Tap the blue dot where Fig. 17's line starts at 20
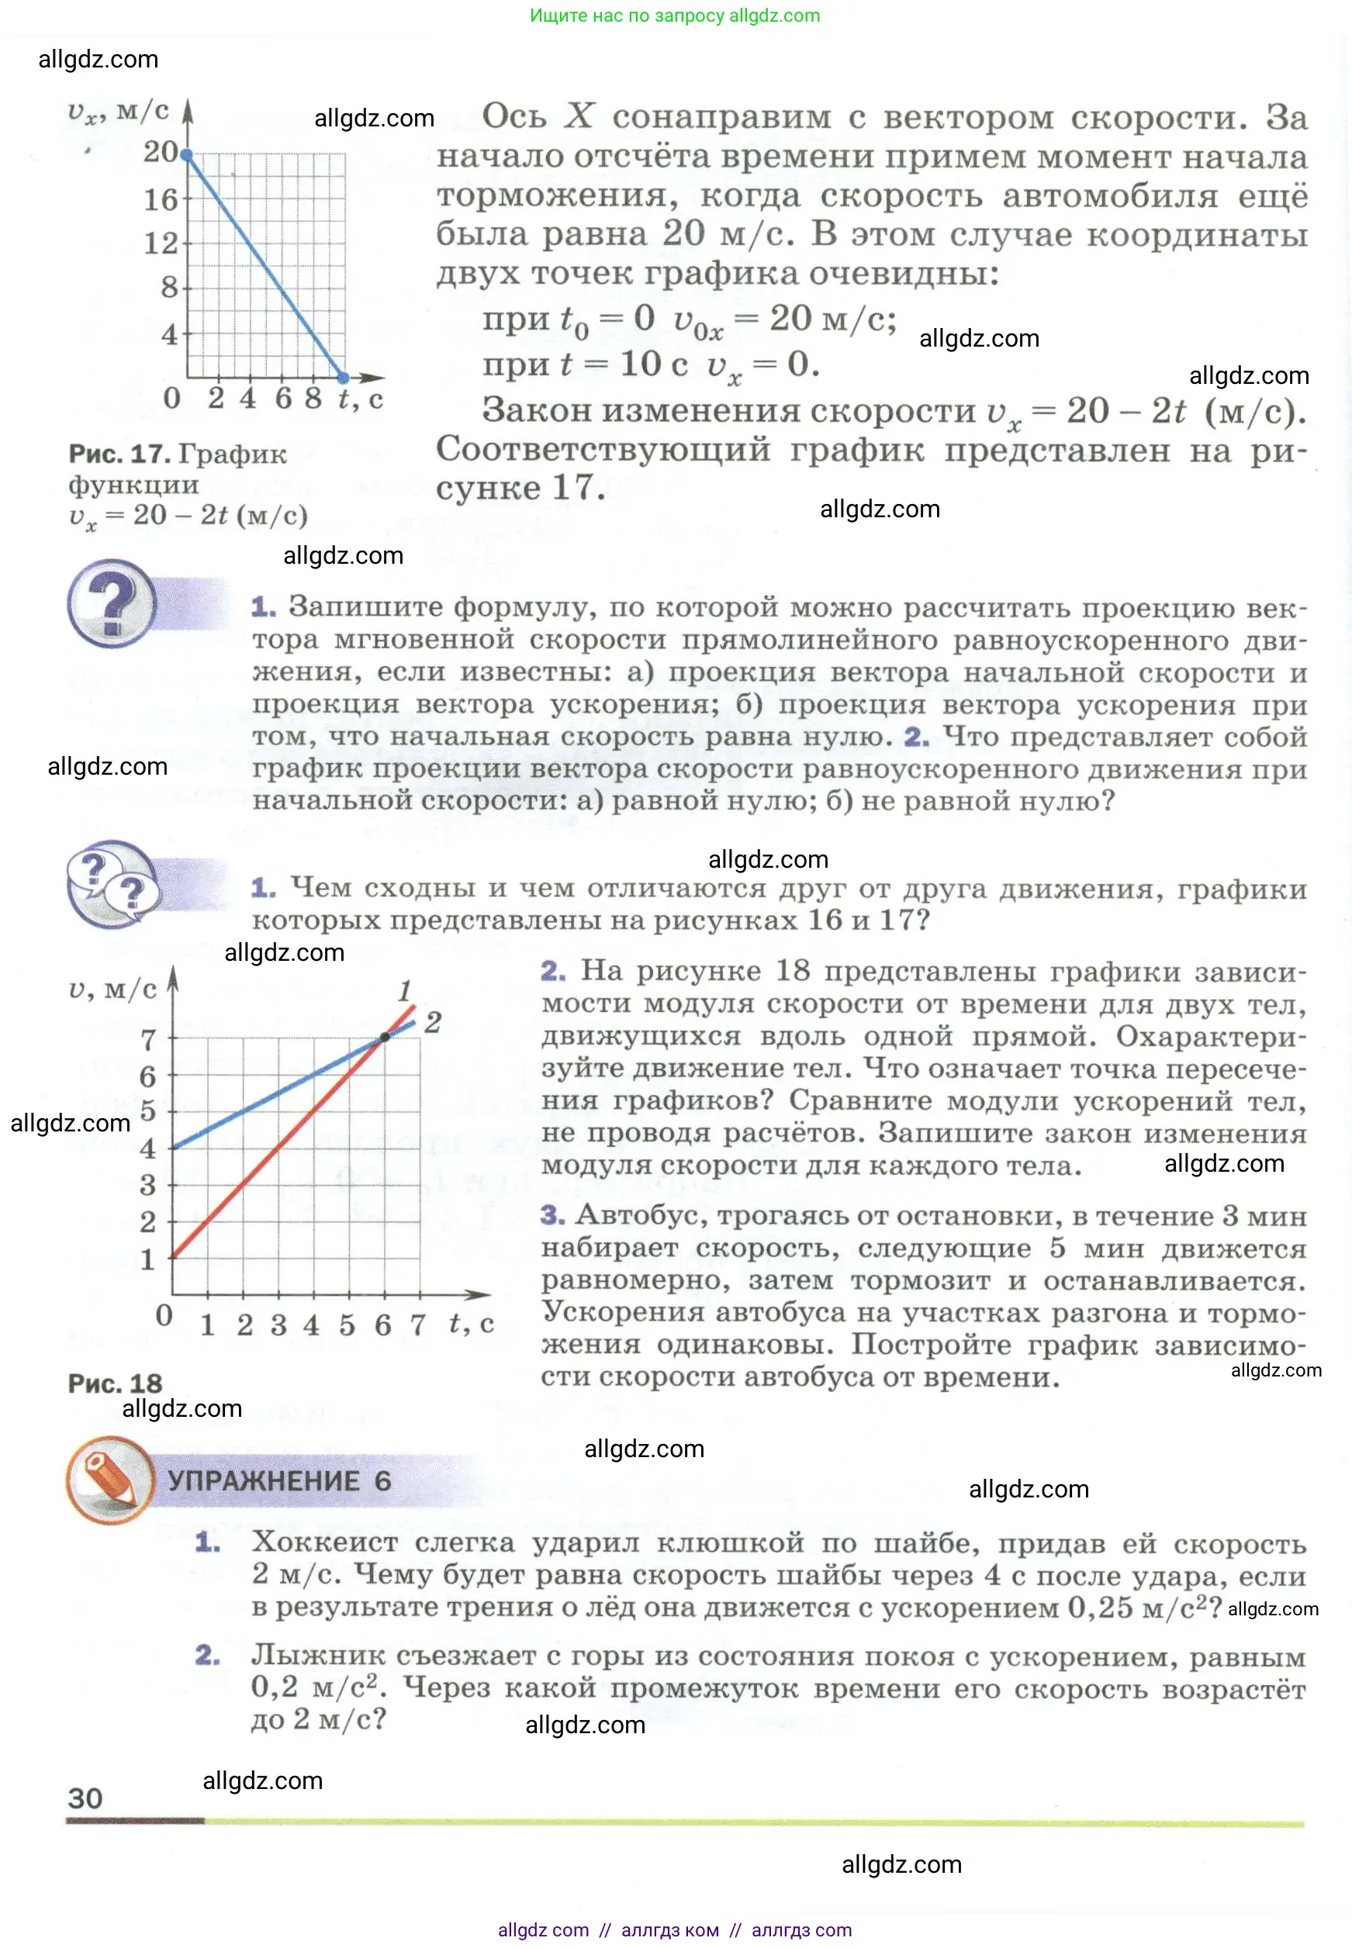(x=187, y=155)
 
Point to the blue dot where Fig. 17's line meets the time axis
(x=343, y=377)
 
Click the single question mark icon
(x=112, y=603)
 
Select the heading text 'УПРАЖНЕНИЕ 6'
(x=278, y=1480)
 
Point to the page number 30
(x=85, y=1798)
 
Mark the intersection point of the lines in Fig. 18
(x=385, y=1037)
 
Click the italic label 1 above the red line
(x=405, y=990)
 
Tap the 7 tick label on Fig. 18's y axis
(x=148, y=1039)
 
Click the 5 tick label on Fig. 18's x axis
(x=348, y=1324)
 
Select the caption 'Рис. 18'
(x=116, y=1383)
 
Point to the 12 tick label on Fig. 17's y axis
(x=160, y=244)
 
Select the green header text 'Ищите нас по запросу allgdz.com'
(x=674, y=16)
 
